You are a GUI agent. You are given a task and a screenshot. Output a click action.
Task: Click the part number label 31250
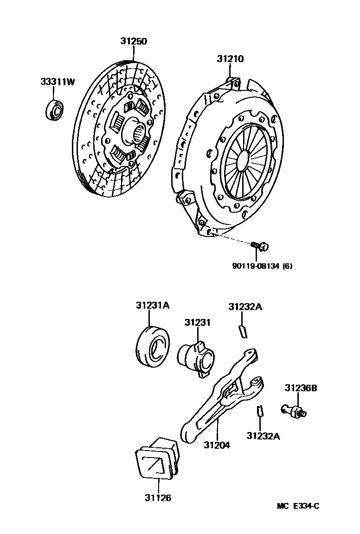(x=134, y=41)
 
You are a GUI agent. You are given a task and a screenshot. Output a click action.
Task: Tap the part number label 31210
(x=230, y=59)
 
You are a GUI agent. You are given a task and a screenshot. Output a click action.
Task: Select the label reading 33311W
(x=57, y=82)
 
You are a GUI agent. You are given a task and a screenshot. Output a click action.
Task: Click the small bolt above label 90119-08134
(x=260, y=246)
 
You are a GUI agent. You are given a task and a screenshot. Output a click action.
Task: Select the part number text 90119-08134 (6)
(x=262, y=266)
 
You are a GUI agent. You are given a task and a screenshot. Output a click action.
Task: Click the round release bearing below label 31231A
(x=152, y=345)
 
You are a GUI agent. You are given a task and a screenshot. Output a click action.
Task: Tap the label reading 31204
(x=217, y=445)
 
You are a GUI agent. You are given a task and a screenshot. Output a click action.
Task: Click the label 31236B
(x=301, y=388)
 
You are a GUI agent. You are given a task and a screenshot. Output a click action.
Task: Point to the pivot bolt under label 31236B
(x=293, y=410)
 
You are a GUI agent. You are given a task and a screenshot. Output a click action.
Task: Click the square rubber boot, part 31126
(x=157, y=459)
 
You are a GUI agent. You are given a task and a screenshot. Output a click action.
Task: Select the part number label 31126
(x=158, y=498)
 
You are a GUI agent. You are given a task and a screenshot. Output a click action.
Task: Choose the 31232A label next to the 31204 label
(x=263, y=436)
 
